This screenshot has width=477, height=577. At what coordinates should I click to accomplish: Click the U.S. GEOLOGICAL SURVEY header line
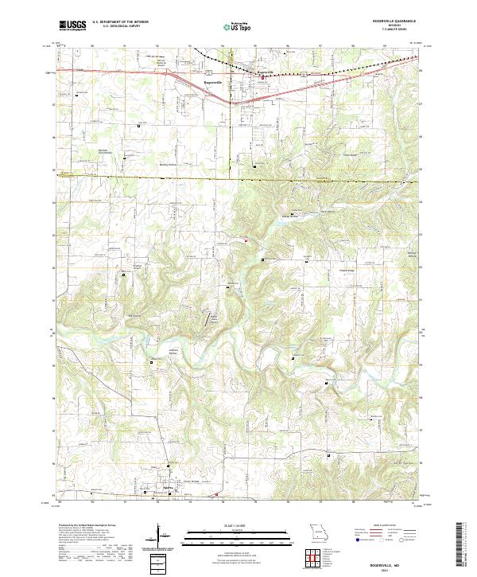click(x=119, y=26)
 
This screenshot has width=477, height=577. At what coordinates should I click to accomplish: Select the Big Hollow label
click(x=134, y=317)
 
